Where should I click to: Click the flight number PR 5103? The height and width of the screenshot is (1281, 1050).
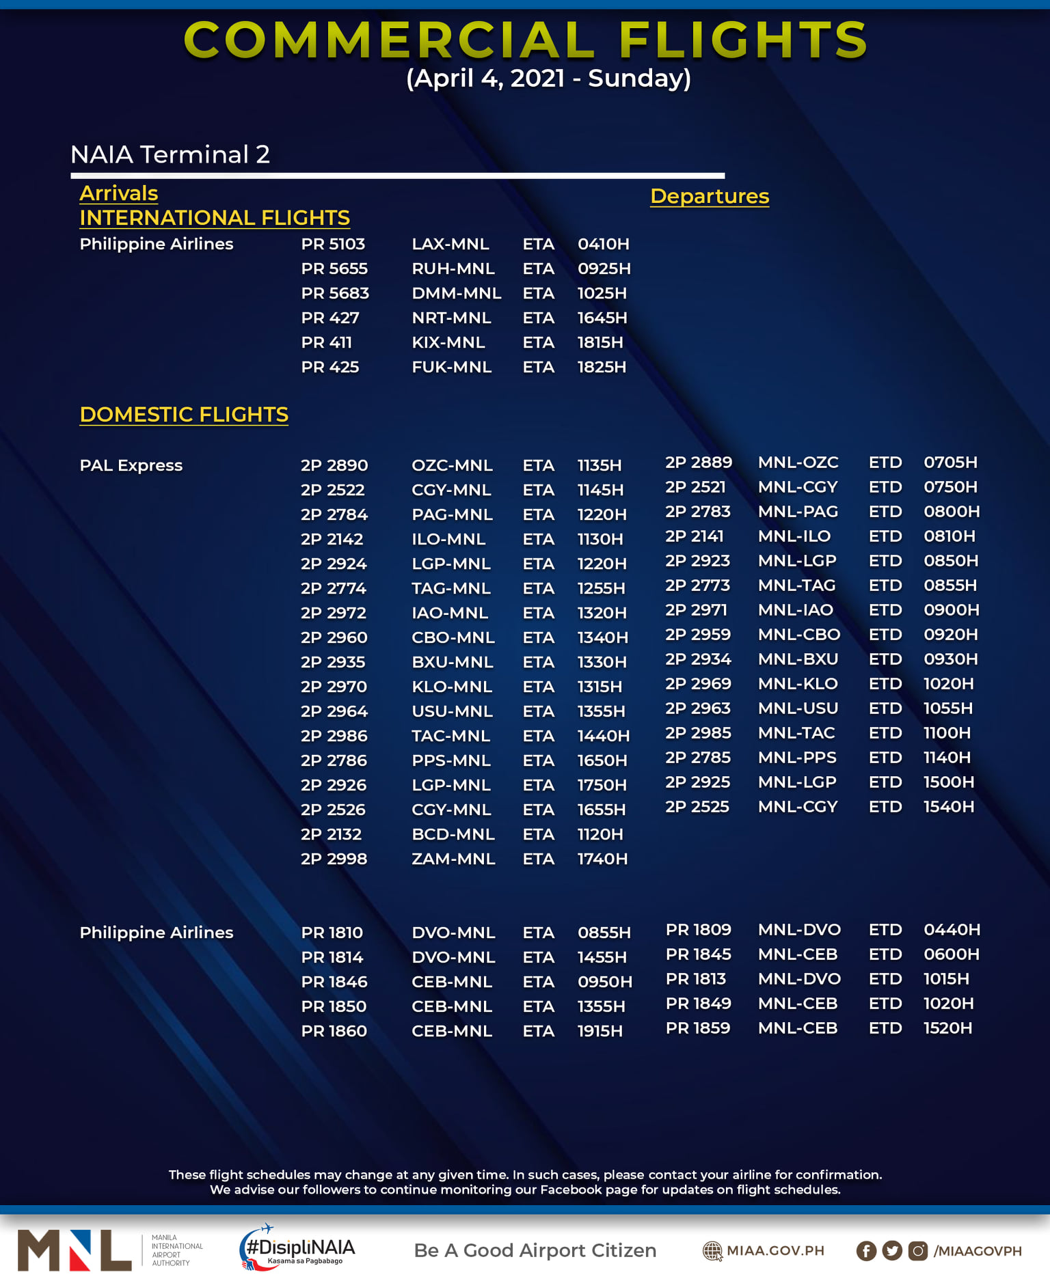pos(333,244)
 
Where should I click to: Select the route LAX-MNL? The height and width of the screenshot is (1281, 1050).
pos(450,244)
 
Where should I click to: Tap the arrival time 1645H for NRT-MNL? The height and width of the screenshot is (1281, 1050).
pos(602,318)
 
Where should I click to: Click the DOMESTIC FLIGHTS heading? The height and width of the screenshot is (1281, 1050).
pos(184,415)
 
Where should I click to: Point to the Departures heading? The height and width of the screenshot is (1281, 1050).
pos(709,196)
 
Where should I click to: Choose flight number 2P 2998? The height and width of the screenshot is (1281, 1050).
pos(334,859)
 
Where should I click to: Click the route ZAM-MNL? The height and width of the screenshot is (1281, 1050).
pos(453,859)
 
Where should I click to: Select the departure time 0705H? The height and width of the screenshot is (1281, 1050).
pos(950,463)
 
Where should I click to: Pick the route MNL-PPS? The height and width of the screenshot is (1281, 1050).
pos(797,758)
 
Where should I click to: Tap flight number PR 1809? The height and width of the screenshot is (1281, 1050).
pos(698,930)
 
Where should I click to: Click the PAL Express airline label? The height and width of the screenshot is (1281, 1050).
pos(131,465)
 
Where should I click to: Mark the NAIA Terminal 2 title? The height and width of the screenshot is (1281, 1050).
pos(170,154)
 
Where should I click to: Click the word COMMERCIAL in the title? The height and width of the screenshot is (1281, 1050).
pos(390,40)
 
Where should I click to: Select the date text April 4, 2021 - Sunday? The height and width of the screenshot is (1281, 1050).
pos(548,79)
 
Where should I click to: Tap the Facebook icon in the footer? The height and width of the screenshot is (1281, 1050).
pos(866,1251)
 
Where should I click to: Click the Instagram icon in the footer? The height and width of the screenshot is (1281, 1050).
pos(917,1251)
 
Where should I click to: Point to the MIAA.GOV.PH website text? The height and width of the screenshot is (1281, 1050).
pos(775,1251)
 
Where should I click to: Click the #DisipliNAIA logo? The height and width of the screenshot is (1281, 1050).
pos(297,1248)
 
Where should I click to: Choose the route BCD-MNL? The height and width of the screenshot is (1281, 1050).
pos(453,834)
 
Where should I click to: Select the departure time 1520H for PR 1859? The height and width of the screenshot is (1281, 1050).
pos(947,1028)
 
